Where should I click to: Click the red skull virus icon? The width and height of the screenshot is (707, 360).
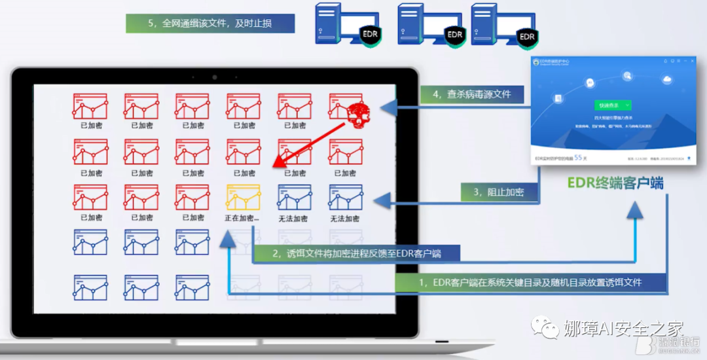coord(354,114)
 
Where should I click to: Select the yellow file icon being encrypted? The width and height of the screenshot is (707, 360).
coord(243,197)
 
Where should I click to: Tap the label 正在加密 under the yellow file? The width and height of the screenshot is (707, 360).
coord(243,218)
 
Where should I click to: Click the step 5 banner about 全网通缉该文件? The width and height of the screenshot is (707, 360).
coord(210,24)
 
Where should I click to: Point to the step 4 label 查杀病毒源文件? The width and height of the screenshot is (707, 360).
coord(471,94)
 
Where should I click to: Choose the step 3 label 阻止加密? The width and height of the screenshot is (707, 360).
coord(499,192)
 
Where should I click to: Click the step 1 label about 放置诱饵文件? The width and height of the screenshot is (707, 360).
coord(530,282)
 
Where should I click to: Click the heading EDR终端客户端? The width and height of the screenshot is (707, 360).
coord(615,183)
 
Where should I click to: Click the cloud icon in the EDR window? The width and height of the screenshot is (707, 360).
coord(668,80)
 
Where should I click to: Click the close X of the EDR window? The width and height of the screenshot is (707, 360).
coord(691,60)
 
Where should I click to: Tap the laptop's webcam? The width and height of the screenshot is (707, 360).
coord(214,77)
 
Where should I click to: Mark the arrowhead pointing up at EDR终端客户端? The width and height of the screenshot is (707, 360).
coord(634,209)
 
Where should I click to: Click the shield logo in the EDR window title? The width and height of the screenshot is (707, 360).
coord(537,61)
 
